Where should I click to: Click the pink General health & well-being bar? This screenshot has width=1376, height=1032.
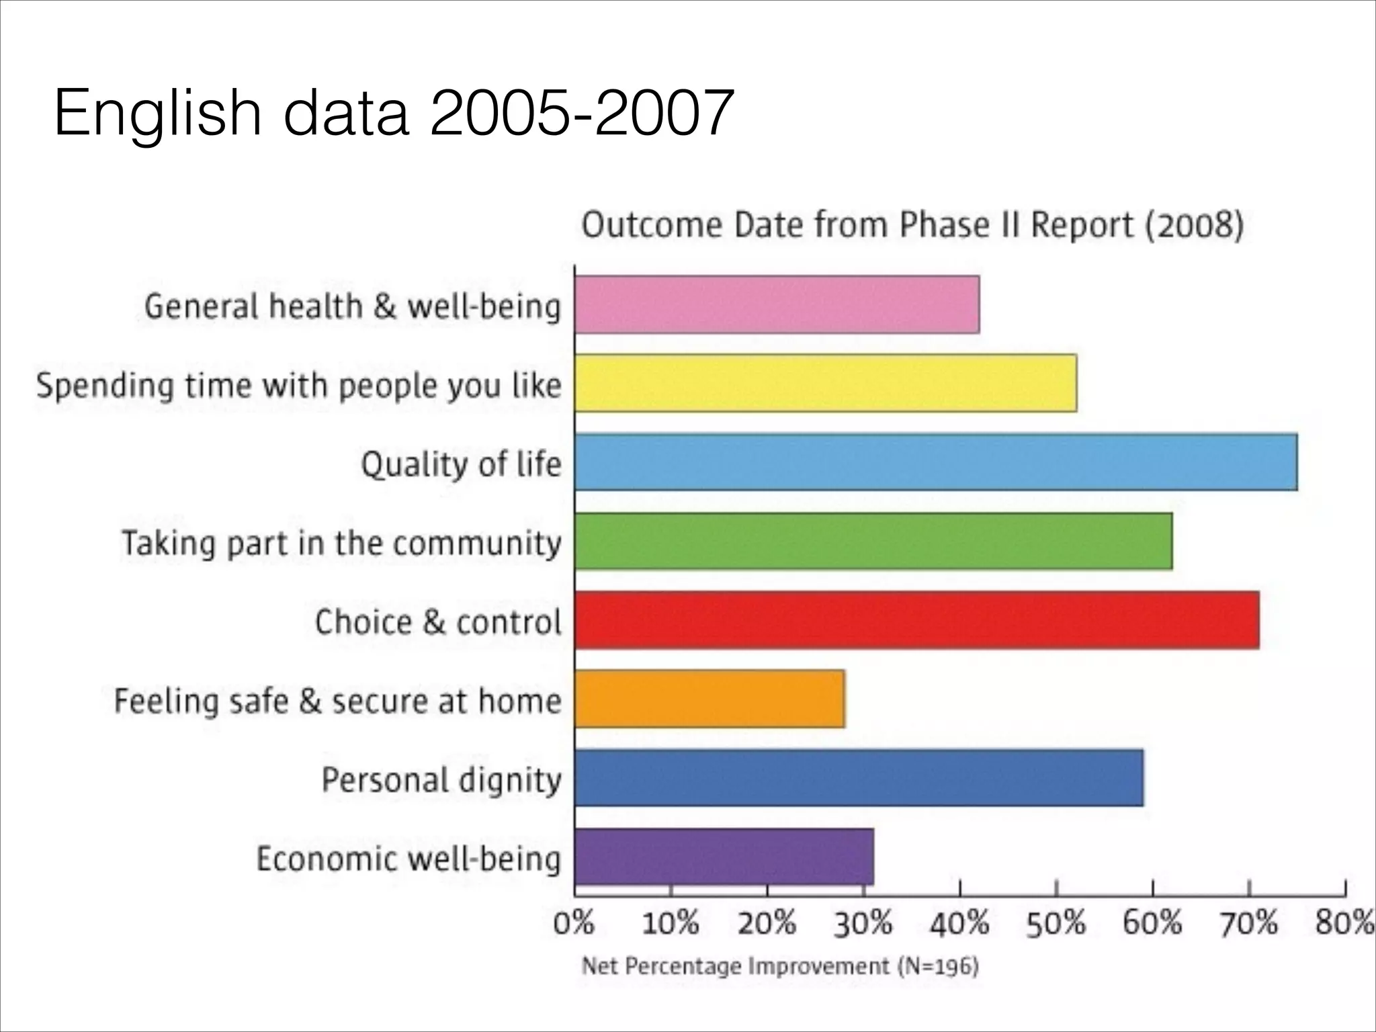click(x=777, y=304)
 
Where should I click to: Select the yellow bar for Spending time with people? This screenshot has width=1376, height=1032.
click(x=825, y=383)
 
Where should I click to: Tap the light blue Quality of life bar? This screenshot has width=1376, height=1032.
click(x=935, y=462)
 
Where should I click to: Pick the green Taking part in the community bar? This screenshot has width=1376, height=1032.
click(x=873, y=541)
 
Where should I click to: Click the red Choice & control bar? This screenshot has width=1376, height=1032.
click(x=916, y=620)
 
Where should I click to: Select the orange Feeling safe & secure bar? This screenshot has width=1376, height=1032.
click(x=709, y=699)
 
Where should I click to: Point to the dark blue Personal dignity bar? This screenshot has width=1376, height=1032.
click(x=859, y=778)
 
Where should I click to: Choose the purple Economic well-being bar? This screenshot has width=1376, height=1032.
click(x=724, y=857)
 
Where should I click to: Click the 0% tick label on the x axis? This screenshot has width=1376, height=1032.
click(x=574, y=924)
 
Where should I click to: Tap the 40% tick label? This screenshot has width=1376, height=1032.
click(x=959, y=924)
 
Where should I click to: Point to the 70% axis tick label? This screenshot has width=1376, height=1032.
click(x=1248, y=924)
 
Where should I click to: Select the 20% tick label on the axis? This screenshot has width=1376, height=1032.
click(x=767, y=924)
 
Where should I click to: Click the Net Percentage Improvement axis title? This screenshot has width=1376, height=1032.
click(x=779, y=966)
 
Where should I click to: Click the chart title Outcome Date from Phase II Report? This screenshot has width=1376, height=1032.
click(x=912, y=225)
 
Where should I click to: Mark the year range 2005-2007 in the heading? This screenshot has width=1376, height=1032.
click(x=581, y=113)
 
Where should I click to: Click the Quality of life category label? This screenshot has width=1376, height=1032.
click(x=461, y=464)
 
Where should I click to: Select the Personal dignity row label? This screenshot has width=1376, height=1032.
click(x=441, y=779)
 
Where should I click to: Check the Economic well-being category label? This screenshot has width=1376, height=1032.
click(x=408, y=859)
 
